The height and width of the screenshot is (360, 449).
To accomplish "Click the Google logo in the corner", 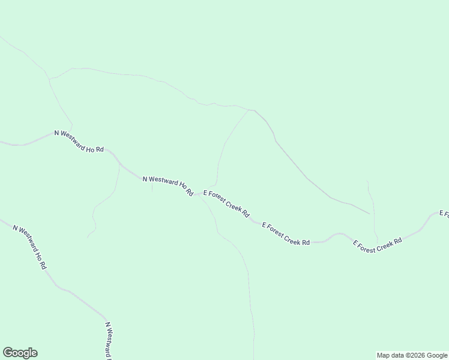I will coord(20,353).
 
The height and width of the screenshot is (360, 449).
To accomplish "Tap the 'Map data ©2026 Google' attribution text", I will coord(412,355).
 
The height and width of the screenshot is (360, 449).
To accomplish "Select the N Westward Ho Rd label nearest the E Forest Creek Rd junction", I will coord(167,185).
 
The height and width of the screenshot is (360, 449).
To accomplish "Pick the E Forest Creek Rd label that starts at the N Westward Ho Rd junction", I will coord(226,203).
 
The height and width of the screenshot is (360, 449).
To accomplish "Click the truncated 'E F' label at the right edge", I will coord(444,214).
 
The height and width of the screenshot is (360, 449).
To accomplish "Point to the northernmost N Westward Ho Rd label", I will coord(79,140).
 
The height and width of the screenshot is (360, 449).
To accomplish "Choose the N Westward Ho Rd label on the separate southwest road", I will coord(29,247).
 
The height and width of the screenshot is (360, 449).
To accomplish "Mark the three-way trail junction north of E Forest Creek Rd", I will coord(249,110).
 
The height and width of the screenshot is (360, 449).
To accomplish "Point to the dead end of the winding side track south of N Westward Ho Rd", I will coord(88,237).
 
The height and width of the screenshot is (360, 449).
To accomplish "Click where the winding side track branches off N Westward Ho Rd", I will coord(118,164).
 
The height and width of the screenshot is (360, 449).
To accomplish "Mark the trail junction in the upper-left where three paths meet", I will coord(50,79).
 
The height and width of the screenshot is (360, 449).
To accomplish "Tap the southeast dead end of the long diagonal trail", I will coord(370,214).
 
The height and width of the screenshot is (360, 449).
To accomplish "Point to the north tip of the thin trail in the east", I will coord(367,180).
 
